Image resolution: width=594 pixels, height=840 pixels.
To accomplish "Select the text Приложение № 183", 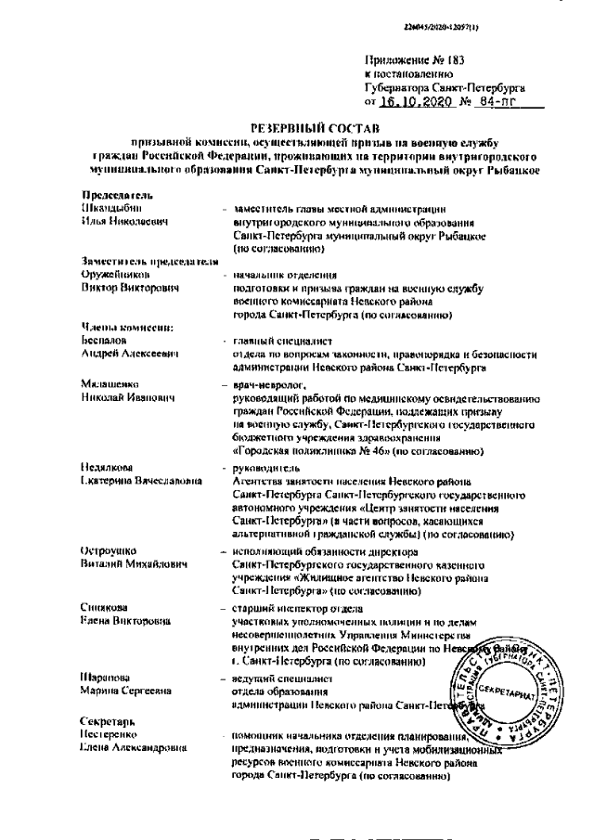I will coord(408,60).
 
